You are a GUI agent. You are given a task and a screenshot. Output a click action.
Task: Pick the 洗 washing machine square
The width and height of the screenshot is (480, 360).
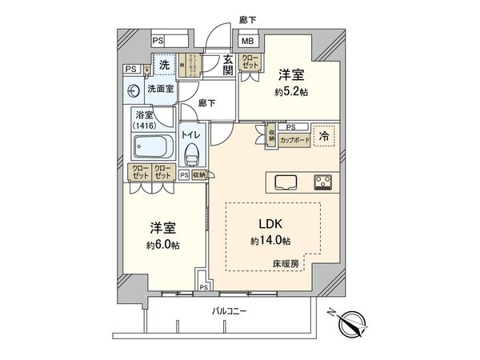[163, 63]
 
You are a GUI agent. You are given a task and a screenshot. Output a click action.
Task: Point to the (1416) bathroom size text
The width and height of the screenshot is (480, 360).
[146, 126]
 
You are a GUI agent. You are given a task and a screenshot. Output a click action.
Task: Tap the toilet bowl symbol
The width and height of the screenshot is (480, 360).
[190, 156]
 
